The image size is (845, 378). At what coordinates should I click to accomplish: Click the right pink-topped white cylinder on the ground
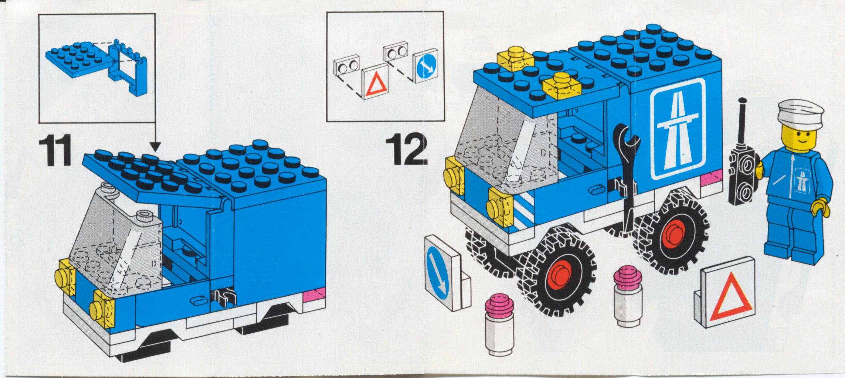tap(628, 297)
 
